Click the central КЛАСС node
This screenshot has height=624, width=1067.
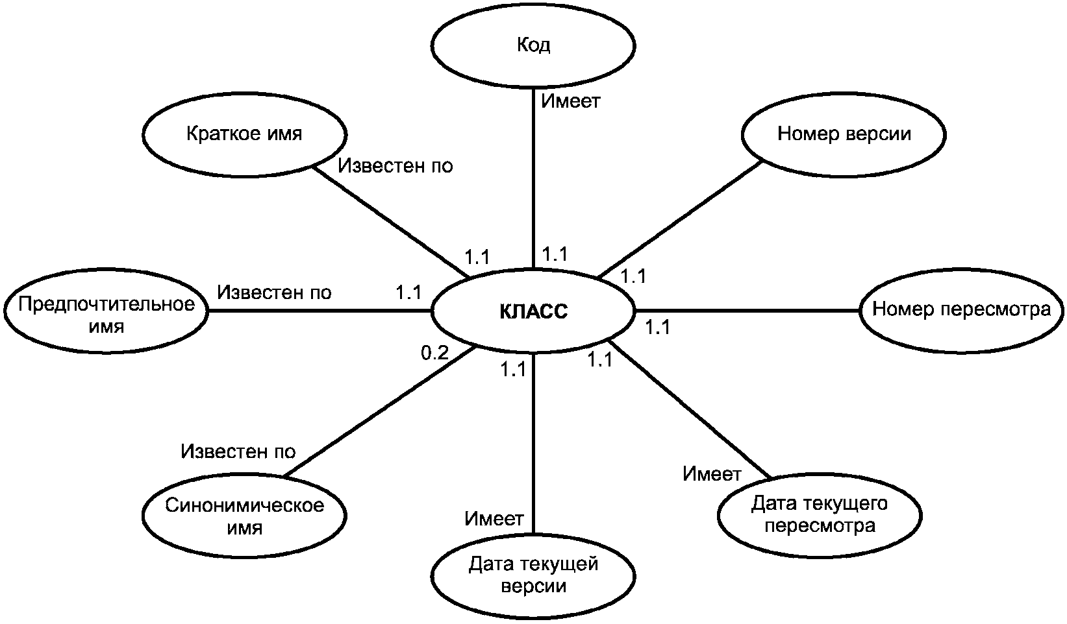[533, 311]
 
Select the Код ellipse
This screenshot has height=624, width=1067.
[533, 45]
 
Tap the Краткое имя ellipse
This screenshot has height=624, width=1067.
[244, 135]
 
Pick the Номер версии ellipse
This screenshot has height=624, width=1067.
[844, 135]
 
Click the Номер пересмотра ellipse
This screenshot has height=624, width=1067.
[962, 310]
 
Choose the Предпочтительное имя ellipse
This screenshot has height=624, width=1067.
[107, 311]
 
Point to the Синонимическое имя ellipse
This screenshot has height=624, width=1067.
[244, 516]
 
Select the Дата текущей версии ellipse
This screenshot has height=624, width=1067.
[533, 575]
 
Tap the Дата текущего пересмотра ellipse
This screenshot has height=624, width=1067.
[820, 515]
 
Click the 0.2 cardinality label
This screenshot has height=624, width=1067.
[435, 353]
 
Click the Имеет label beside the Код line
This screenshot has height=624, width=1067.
[571, 101]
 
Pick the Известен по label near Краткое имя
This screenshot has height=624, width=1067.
[395, 165]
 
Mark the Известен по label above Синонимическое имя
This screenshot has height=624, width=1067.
[238, 451]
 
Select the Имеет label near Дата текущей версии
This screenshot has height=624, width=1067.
[494, 518]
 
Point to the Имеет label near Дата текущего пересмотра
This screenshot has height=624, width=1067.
[712, 474]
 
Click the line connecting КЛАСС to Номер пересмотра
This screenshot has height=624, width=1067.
[748, 311]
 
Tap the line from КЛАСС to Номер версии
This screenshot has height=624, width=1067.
[680, 220]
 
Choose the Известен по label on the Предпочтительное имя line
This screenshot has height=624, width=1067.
[274, 292]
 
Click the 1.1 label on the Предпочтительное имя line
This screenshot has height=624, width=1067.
[408, 292]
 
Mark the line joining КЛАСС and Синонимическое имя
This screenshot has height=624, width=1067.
[380, 411]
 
